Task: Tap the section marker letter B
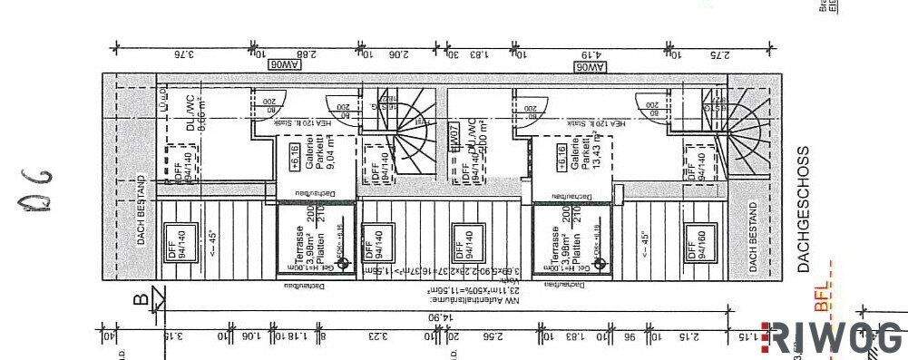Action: coord(141,297)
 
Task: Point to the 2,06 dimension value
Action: coord(395,51)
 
